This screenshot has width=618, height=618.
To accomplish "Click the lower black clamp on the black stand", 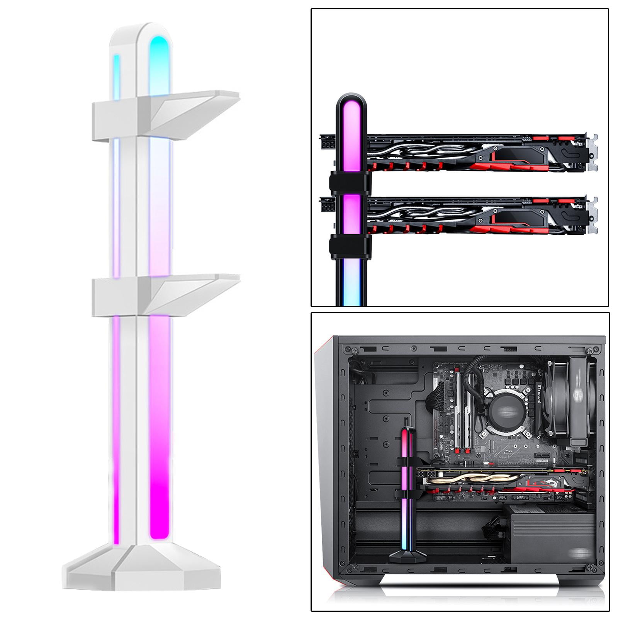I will pyautogui.click(x=350, y=246).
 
